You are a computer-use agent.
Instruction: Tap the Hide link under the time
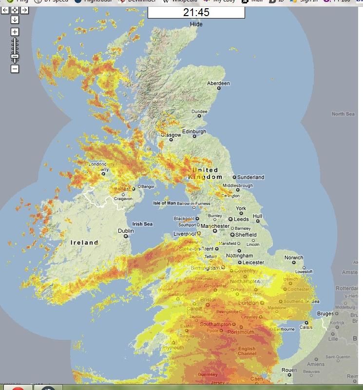[x=196, y=24]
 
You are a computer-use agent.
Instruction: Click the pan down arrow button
[x=15, y=19]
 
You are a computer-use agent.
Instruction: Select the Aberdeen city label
[x=218, y=84]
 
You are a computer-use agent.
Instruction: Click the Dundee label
[x=199, y=111]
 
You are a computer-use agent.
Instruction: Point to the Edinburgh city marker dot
[x=194, y=136]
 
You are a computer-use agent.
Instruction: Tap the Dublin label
[x=126, y=231]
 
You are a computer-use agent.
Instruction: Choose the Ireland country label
[x=84, y=242]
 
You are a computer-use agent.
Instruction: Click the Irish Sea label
[x=142, y=224]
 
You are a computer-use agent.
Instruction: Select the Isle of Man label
[x=164, y=203]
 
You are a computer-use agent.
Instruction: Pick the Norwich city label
[x=294, y=258]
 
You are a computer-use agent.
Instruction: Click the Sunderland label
[x=251, y=177]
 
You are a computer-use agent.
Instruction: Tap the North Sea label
[x=343, y=114]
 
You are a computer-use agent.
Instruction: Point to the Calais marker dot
[x=306, y=322]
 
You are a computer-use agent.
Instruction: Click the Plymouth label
[x=173, y=348]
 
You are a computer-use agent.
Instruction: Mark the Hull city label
[x=257, y=216]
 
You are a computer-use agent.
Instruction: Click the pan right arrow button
[x=24, y=10]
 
